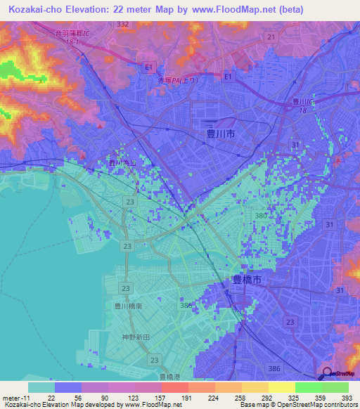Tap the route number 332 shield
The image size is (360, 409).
pyautogui.click(x=124, y=24)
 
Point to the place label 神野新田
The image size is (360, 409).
pyautogui.click(x=133, y=337)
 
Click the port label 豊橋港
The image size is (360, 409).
pyautogui.click(x=172, y=377)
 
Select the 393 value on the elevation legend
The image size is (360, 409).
pyautogui.click(x=345, y=398)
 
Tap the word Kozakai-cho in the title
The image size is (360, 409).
pyautogui.click(x=33, y=8)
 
